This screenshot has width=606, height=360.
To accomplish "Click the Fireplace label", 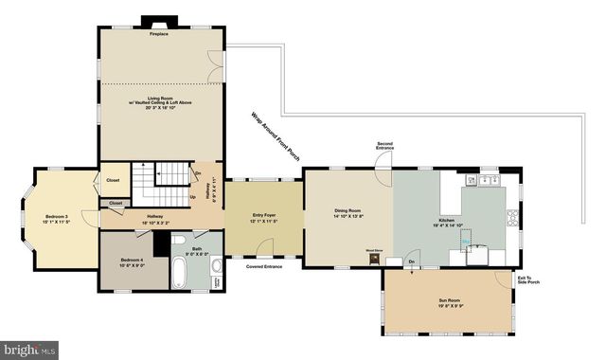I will pos(158,34).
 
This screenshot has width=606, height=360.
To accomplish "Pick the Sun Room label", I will pos(450,303).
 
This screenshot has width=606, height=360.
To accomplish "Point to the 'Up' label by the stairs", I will pos(194,197).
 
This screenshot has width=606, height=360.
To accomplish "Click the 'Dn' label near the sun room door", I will pos(411,261).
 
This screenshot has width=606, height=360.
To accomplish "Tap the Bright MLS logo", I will pos(29,350).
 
